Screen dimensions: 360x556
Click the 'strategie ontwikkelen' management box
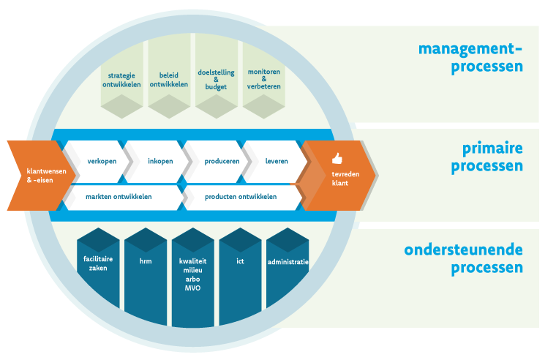tap(121, 79)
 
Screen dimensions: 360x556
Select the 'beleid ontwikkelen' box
tap(169, 79)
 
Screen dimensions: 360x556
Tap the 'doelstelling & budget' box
tap(216, 79)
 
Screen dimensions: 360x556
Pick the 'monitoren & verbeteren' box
tap(263, 79)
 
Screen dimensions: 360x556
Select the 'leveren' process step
tap(274, 161)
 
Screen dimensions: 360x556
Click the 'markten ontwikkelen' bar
tap(119, 197)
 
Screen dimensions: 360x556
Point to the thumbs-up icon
tap(337, 158)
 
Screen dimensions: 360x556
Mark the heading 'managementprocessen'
tap(470, 58)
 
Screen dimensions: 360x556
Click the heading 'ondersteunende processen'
tap(463, 258)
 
